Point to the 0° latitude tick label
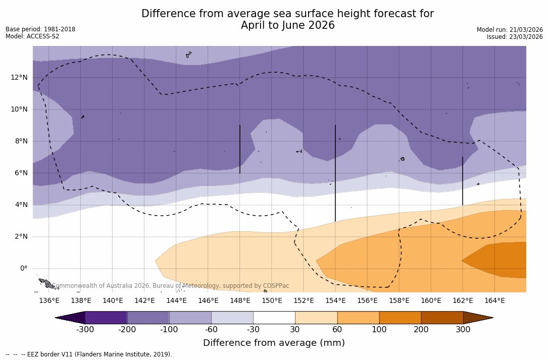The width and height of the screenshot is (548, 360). [23, 268]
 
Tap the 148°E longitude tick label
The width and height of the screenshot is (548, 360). [240, 301]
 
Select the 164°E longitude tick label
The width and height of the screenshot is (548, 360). [494, 301]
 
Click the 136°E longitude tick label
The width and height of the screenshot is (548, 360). [49, 301]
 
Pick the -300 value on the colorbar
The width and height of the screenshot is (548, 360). [85, 330]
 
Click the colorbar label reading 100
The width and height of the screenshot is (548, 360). [379, 330]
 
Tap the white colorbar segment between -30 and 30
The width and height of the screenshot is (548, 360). [274, 318]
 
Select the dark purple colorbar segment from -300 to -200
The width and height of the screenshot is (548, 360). [106, 318]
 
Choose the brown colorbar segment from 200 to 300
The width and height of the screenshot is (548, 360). [442, 318]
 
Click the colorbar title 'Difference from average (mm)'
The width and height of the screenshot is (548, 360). [274, 343]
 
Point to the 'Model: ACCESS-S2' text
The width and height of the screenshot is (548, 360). [32, 36]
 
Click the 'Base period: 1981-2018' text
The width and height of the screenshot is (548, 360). [40, 29]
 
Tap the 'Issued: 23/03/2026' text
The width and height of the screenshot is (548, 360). [515, 37]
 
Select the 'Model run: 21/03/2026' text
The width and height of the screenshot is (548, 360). [510, 30]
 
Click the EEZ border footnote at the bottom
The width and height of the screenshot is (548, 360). [88, 354]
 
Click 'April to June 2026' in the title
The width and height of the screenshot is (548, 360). [287, 25]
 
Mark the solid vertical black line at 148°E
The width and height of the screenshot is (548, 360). [240, 149]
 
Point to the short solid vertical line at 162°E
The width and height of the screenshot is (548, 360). [463, 181]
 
